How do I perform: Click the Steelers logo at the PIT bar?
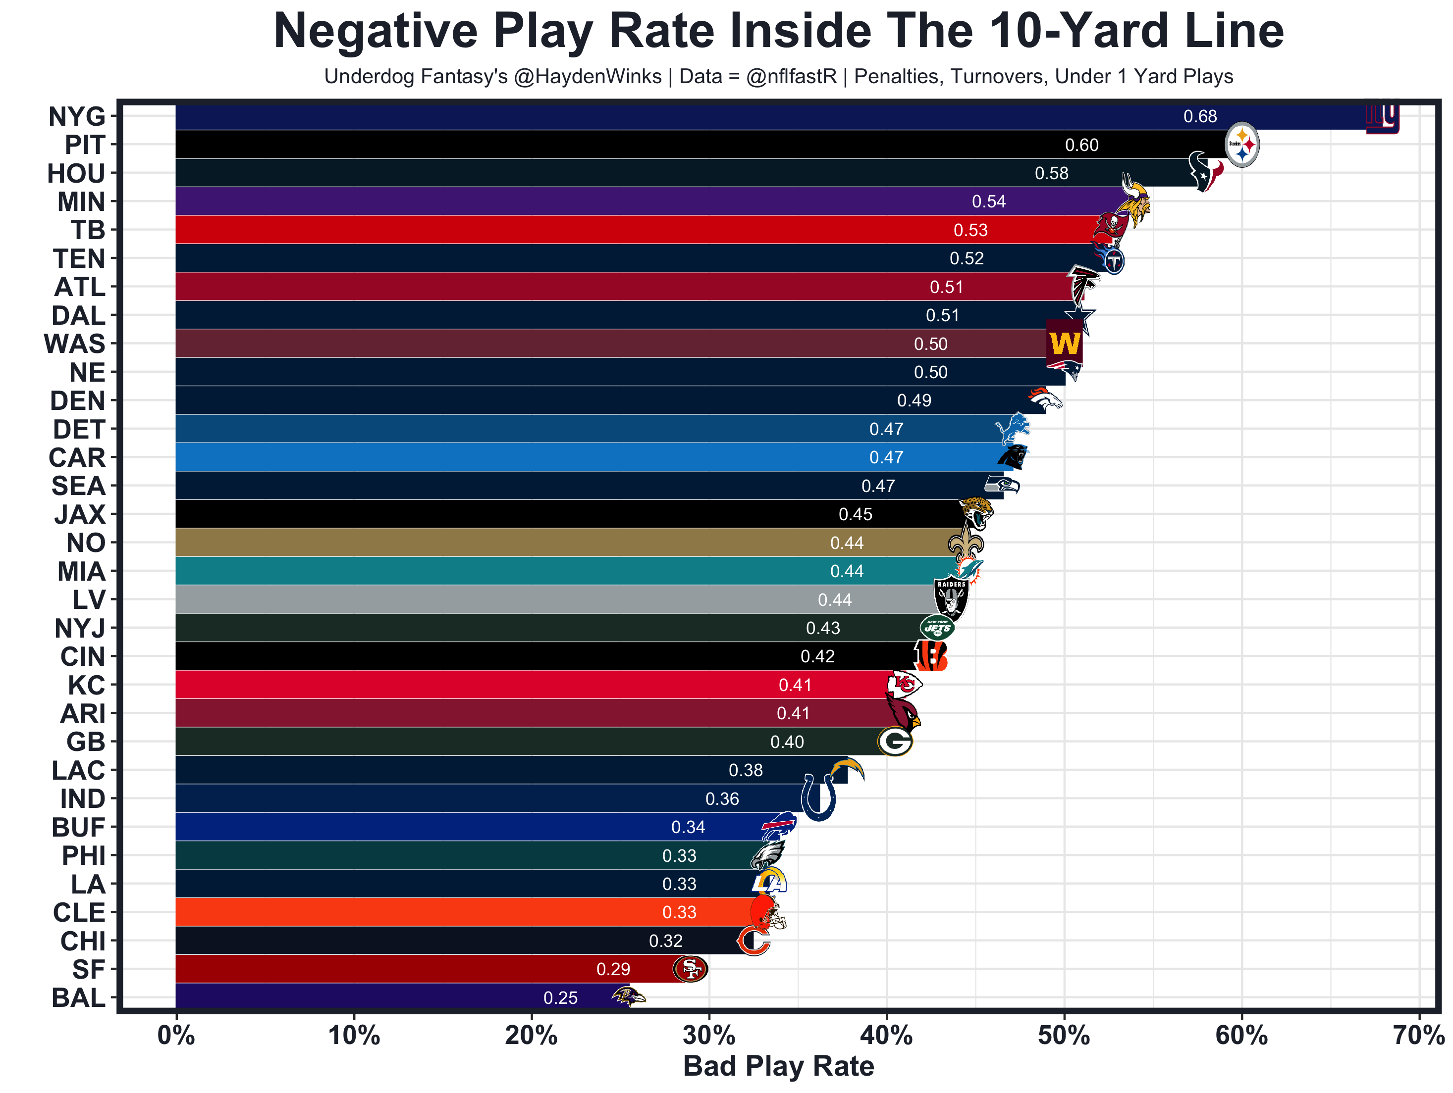(1241, 145)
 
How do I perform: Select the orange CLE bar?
(460, 912)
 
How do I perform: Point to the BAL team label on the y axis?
(78, 998)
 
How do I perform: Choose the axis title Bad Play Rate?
(778, 1066)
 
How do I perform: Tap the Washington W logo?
(1064, 344)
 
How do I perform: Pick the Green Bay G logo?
(895, 742)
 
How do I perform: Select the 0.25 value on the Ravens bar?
(560, 998)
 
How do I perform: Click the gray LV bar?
(526, 599)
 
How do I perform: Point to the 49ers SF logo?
(690, 968)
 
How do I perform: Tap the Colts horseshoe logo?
(818, 797)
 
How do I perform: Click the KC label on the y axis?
(86, 685)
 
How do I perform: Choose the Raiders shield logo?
(951, 597)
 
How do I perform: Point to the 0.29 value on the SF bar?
(613, 969)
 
